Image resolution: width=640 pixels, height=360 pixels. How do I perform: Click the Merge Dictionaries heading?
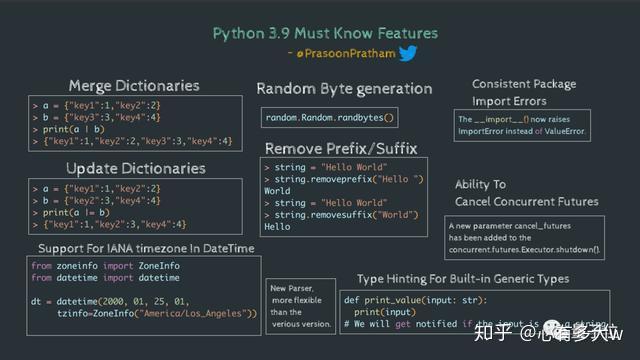tap(134, 86)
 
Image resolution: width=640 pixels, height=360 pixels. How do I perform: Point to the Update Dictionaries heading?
tap(135, 167)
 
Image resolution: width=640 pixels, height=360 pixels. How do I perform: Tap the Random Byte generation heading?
tap(344, 89)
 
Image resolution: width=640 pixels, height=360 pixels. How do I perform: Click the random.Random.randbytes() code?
tap(330, 118)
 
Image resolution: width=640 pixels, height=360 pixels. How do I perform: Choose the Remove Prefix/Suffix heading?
tap(341, 148)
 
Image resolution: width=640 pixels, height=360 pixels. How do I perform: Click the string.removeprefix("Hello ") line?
tap(348, 178)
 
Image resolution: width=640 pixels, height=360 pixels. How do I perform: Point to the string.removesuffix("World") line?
tap(345, 214)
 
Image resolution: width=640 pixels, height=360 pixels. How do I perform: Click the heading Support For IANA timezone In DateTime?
tap(144, 248)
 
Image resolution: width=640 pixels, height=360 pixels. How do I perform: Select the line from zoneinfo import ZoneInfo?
tap(106, 267)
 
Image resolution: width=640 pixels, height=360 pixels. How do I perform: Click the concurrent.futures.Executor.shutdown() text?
tap(525, 248)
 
